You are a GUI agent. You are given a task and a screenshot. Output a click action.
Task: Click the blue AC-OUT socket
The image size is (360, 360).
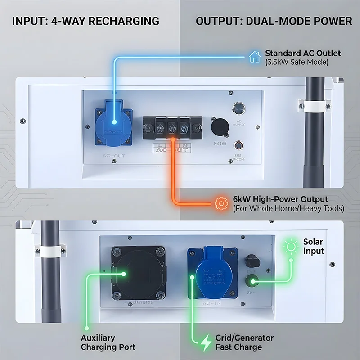(113, 122)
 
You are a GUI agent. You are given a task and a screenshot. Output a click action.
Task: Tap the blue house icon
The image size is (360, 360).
(255, 57)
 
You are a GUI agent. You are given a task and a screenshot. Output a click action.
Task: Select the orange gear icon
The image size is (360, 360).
(221, 203)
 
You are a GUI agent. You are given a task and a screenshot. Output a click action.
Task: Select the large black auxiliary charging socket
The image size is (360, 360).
(139, 272)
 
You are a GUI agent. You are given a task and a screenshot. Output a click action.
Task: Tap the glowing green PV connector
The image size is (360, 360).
(252, 282)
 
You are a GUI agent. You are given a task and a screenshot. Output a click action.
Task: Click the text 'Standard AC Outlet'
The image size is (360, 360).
(303, 53)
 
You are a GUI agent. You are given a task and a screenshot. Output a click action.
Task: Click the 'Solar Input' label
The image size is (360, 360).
(313, 247)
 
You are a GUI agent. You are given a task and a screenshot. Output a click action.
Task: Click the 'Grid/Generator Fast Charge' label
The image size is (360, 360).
(244, 342)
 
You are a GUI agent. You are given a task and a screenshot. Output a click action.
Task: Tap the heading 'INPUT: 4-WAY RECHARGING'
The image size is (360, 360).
(85, 21)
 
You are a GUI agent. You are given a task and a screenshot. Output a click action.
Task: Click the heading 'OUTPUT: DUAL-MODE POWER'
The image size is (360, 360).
(274, 21)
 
